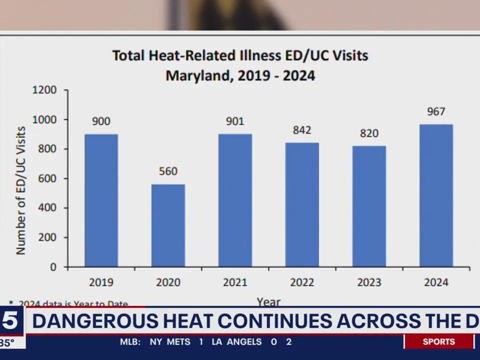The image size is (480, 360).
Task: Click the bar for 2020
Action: click(168, 225)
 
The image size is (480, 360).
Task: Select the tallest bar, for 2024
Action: click(436, 195)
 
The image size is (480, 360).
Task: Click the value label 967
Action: click(436, 111)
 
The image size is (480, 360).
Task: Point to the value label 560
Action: click(168, 171)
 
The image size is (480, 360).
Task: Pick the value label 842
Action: click(302, 130)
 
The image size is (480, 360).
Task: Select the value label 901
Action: click(235, 121)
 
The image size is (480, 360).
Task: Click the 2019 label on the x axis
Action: click(101, 282)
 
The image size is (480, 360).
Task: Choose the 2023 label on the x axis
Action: click(369, 282)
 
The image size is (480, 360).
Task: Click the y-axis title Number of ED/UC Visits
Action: click(21, 190)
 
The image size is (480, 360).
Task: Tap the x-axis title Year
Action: click(268, 301)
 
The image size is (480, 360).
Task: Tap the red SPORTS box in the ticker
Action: click(438, 342)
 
